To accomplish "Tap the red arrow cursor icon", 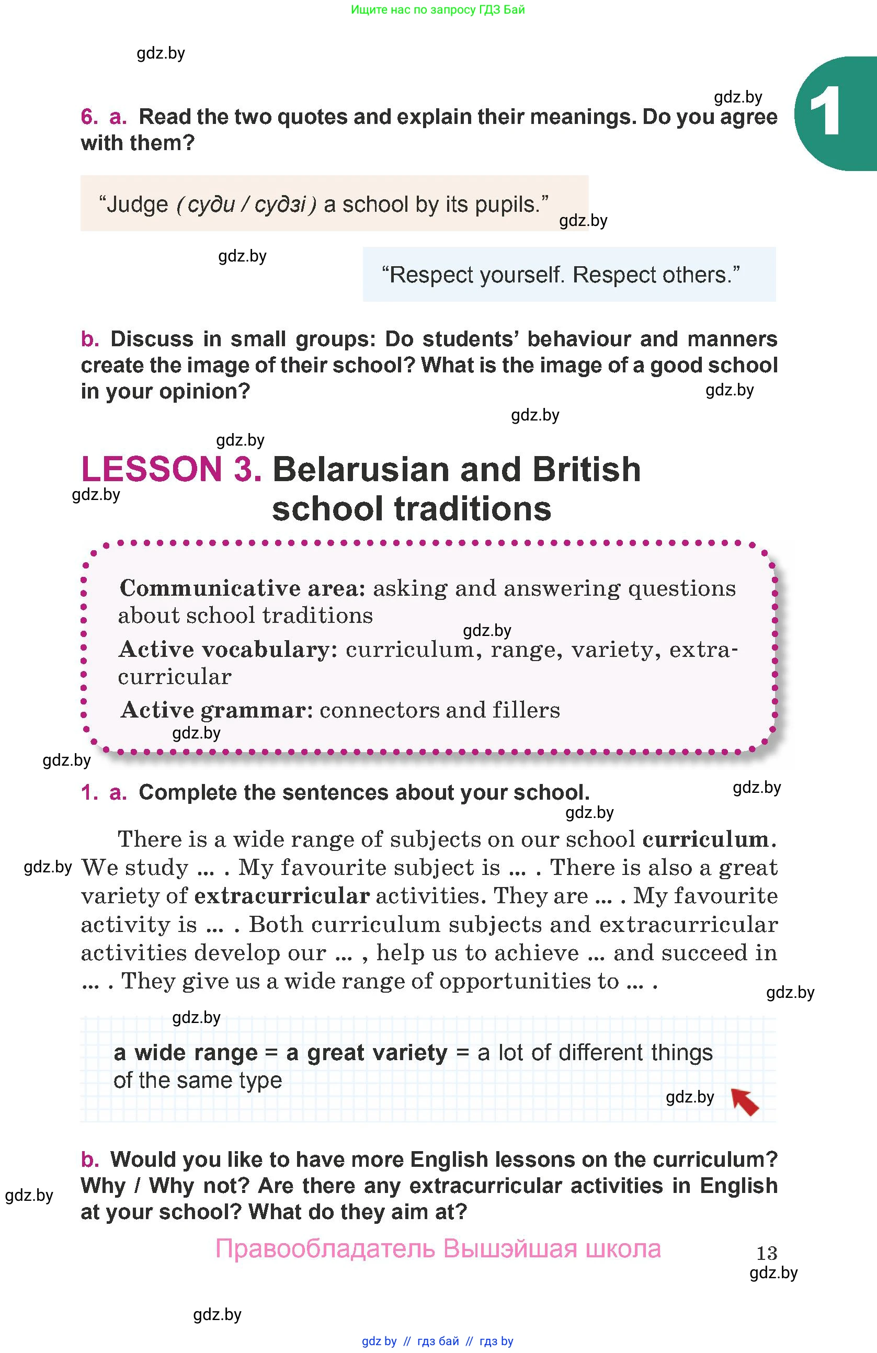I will pos(745,1101).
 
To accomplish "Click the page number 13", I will pos(767,1253).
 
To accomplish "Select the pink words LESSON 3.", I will pos(172,470).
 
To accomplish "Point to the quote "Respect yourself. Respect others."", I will pos(561,275).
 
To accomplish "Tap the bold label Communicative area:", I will pos(243,588).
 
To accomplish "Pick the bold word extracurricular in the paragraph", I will pos(282,895).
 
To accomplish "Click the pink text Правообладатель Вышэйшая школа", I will pos(438,1249).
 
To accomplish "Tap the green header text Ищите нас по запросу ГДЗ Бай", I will pos(438,9).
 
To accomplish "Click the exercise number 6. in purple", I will pos(90,117).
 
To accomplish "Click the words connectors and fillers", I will pos(440,710).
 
